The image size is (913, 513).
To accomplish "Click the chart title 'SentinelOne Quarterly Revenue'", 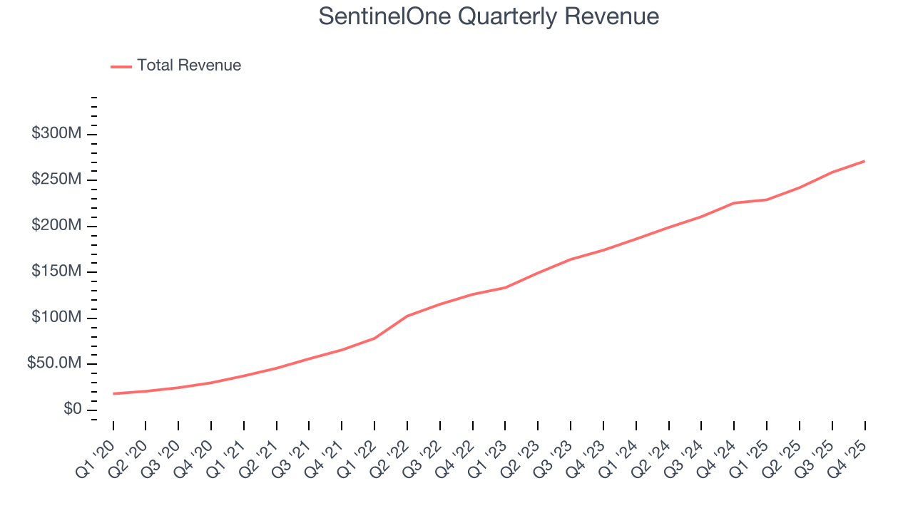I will tap(489, 16).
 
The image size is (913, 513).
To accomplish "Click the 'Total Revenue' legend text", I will tap(189, 66).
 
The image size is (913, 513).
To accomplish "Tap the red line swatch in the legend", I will tap(121, 66).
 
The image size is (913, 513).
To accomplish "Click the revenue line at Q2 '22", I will tap(407, 316).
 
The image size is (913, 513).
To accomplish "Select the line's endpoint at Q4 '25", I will tap(865, 161).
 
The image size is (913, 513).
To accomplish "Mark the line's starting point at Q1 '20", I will tap(113, 393).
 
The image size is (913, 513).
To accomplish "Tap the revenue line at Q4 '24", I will tap(734, 203).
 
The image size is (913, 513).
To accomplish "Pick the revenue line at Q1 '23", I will tap(505, 288).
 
